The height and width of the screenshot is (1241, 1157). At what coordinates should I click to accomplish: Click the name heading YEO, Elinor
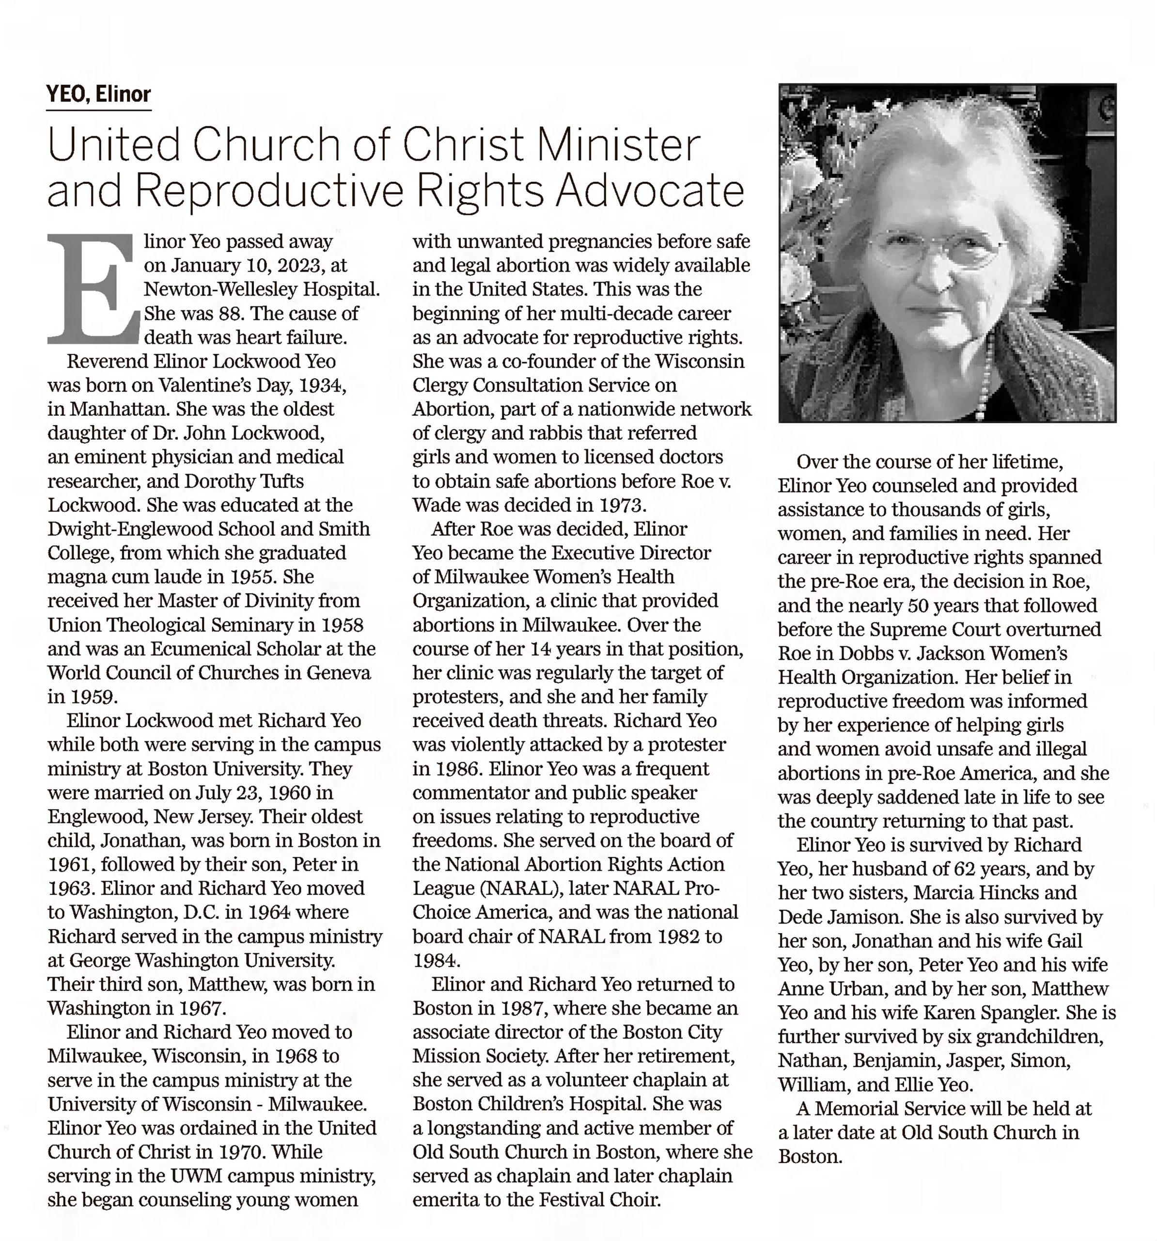tap(99, 94)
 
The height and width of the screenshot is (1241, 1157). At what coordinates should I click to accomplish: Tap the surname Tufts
tap(279, 481)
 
